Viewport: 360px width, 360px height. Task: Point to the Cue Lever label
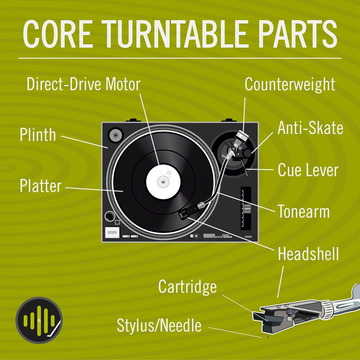click(x=308, y=170)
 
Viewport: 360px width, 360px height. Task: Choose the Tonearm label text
click(x=303, y=212)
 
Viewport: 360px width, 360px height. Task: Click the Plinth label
click(x=37, y=135)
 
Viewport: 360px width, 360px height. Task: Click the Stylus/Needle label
click(x=159, y=326)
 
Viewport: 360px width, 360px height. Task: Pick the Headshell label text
click(x=308, y=254)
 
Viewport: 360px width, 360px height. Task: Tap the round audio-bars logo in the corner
click(x=39, y=320)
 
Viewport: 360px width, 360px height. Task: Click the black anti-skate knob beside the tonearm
click(x=248, y=153)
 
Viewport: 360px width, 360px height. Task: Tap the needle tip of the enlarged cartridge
click(x=267, y=337)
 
